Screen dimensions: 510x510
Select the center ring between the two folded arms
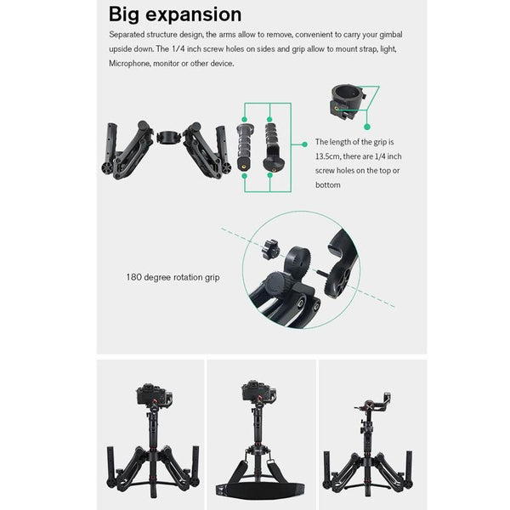tap(168, 134)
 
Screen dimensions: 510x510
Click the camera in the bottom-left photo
tap(151, 396)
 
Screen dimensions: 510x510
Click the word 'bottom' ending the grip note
tap(328, 184)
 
